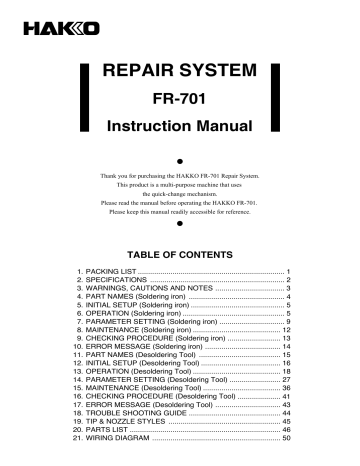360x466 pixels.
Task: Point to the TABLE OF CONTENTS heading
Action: (180, 254)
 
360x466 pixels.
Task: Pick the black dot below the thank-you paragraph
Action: (180, 226)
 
